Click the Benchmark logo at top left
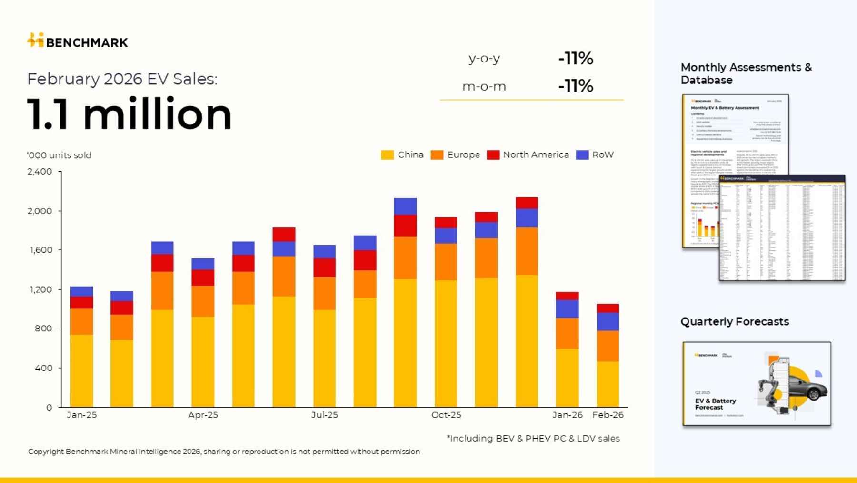(77, 41)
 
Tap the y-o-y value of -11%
(576, 58)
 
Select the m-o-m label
(484, 86)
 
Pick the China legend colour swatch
(387, 155)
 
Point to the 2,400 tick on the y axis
(40, 171)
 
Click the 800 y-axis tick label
(43, 329)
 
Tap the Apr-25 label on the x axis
(203, 415)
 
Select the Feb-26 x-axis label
(608, 415)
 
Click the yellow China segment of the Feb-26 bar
(608, 384)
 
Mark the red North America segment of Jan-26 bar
(567, 296)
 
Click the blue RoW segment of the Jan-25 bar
(81, 291)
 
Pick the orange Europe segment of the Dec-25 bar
(527, 251)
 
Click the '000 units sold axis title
(59, 155)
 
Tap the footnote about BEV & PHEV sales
(533, 438)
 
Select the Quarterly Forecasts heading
(734, 321)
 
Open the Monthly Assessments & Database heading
(746, 73)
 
